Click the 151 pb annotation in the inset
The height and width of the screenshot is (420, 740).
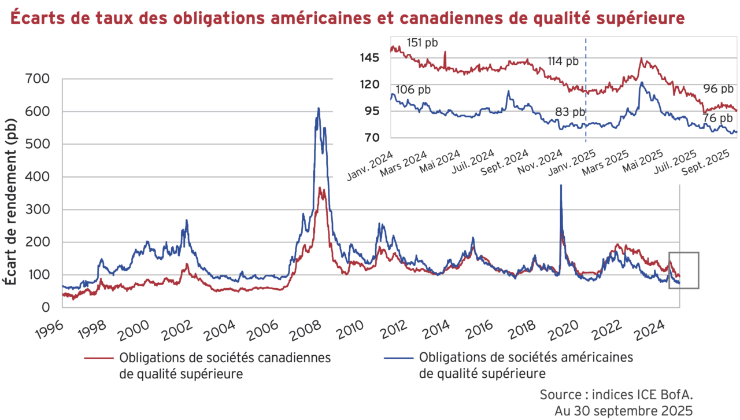(422, 42)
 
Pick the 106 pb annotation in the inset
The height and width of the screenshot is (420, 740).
(413, 89)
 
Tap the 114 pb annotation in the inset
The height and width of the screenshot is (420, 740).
(563, 61)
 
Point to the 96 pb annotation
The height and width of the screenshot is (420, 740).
(718, 89)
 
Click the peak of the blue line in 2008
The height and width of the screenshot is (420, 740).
(318, 109)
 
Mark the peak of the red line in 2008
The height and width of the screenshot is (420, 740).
(321, 188)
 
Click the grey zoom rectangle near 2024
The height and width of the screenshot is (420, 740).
(684, 270)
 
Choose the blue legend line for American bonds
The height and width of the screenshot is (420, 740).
(399, 358)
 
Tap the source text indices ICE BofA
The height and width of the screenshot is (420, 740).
(616, 395)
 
